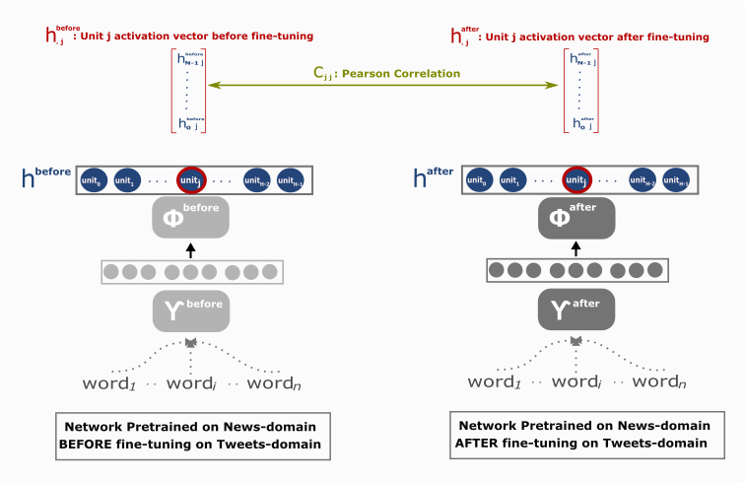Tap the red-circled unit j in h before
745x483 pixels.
pyautogui.click(x=191, y=181)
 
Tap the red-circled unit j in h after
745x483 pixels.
pyautogui.click(x=576, y=181)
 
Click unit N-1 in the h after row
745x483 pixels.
pyautogui.click(x=675, y=181)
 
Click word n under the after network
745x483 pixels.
pyautogui.click(x=658, y=381)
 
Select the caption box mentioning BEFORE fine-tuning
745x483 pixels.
pyautogui.click(x=191, y=435)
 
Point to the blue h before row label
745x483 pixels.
pyautogui.click(x=45, y=177)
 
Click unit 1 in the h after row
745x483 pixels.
pyautogui.click(x=509, y=181)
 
